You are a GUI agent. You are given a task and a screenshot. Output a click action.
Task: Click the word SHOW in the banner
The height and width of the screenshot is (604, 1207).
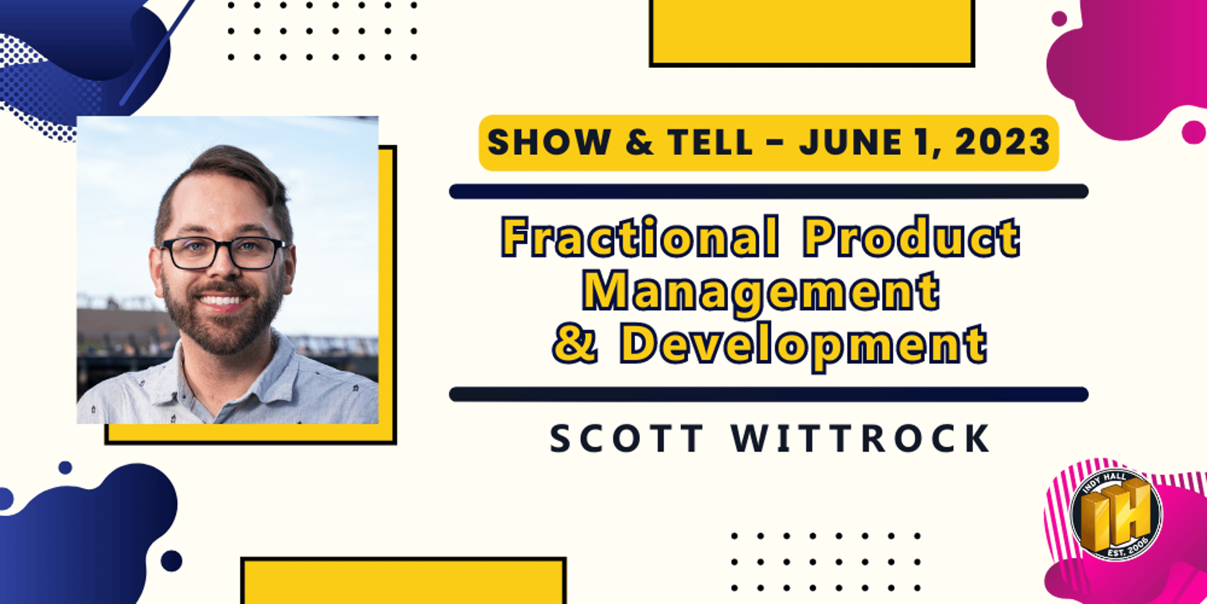pos(549,142)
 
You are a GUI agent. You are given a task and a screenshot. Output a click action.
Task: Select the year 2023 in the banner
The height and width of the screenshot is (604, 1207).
pos(1003,142)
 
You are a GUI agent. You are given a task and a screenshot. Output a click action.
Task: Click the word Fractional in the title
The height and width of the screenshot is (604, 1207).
pos(640,237)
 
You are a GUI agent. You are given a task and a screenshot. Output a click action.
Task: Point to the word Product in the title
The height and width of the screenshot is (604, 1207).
pos(912,237)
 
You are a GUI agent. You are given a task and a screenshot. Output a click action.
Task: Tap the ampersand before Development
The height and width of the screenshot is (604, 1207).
pos(575,344)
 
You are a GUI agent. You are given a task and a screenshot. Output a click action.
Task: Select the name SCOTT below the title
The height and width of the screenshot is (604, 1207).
pos(627,439)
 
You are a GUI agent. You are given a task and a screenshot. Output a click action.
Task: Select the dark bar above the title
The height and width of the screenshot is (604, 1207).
pos(768,191)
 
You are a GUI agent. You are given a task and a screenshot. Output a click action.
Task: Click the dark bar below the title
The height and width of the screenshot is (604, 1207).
pos(768,394)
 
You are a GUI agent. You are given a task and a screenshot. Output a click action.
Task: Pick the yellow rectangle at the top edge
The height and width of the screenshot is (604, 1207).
pos(812,32)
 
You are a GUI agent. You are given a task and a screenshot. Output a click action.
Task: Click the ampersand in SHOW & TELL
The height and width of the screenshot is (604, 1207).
pos(639,142)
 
